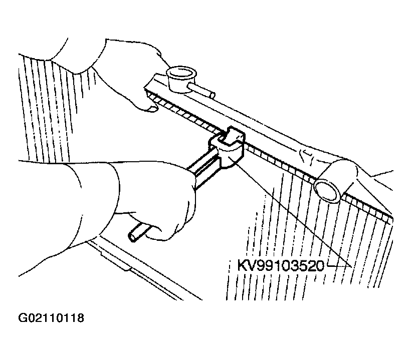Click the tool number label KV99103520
point(281,265)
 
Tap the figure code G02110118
point(51,318)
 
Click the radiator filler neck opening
point(181,72)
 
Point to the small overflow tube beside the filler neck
point(201,90)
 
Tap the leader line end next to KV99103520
point(351,267)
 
